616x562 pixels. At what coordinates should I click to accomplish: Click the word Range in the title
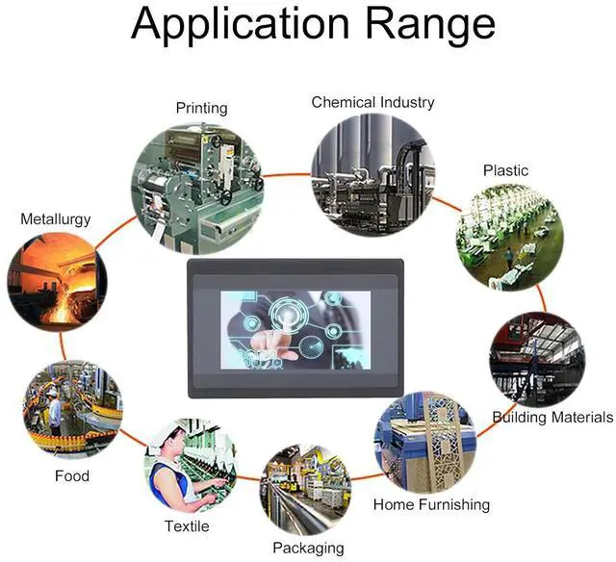tap(427, 27)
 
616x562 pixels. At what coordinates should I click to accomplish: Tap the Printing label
tap(201, 108)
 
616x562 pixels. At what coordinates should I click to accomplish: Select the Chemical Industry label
tap(372, 102)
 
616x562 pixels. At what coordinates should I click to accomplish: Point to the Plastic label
tap(505, 170)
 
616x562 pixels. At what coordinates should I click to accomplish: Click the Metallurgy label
tap(56, 219)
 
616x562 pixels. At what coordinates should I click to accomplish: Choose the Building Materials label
tap(552, 418)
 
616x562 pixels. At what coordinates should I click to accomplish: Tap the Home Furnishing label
tap(431, 504)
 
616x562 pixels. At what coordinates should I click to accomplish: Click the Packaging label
tap(308, 548)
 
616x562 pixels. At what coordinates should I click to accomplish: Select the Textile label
tap(186, 526)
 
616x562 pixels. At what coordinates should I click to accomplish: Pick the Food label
tap(71, 475)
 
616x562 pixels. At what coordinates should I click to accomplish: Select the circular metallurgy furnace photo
tap(57, 282)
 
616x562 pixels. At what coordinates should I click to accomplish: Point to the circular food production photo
tap(72, 410)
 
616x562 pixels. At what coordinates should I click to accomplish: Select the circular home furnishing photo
tap(424, 442)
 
